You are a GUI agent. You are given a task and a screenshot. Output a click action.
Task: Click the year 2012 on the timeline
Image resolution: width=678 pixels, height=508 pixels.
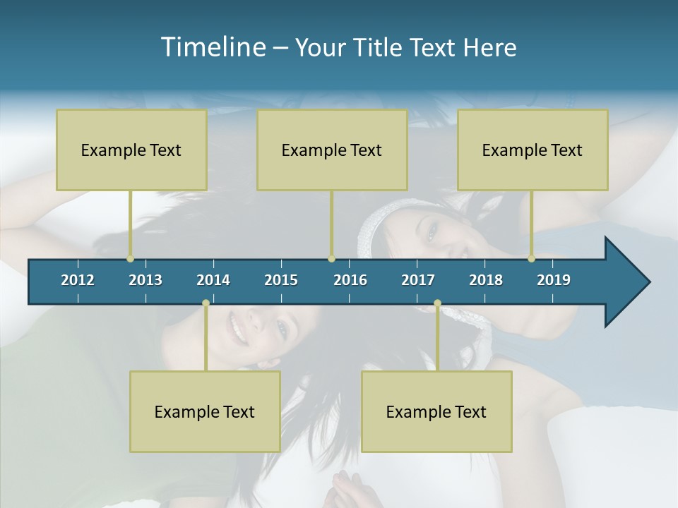[78, 280]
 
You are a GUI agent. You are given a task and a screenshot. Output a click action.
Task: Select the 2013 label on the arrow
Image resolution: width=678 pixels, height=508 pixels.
[145, 280]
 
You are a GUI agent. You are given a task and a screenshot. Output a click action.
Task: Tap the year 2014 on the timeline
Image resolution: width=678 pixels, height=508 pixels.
[213, 280]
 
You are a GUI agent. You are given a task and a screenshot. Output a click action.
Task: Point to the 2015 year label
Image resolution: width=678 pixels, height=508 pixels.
[281, 280]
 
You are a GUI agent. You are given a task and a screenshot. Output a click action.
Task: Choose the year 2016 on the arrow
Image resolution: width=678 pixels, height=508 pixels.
[350, 280]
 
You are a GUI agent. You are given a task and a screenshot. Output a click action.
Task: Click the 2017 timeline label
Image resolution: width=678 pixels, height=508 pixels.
[418, 280]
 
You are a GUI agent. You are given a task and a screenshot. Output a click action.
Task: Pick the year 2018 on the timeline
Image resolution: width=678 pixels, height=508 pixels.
[486, 280]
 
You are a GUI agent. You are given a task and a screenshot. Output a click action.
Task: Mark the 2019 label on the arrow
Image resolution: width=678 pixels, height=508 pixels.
[554, 280]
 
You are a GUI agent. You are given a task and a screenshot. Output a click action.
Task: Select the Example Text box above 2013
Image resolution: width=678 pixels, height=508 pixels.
[131, 150]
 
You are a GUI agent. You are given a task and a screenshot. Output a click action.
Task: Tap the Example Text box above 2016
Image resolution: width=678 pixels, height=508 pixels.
[332, 150]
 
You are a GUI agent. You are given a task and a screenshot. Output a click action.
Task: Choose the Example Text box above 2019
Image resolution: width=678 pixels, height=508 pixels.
[533, 150]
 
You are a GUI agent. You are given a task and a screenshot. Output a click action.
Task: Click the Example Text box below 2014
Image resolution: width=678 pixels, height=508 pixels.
[205, 411]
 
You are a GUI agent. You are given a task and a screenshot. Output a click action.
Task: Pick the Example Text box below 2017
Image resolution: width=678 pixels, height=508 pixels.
[436, 411]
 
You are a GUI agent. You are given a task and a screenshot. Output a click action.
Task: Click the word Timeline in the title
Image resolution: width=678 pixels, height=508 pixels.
[213, 47]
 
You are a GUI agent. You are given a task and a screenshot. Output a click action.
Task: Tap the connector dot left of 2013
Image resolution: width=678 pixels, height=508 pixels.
[130, 259]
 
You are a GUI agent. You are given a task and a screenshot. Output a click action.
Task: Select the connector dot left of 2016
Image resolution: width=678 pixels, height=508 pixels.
[331, 259]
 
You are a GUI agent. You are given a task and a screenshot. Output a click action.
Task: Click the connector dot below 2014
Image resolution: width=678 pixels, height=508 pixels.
[206, 303]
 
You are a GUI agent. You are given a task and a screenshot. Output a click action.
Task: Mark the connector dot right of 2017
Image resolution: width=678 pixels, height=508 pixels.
[437, 303]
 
